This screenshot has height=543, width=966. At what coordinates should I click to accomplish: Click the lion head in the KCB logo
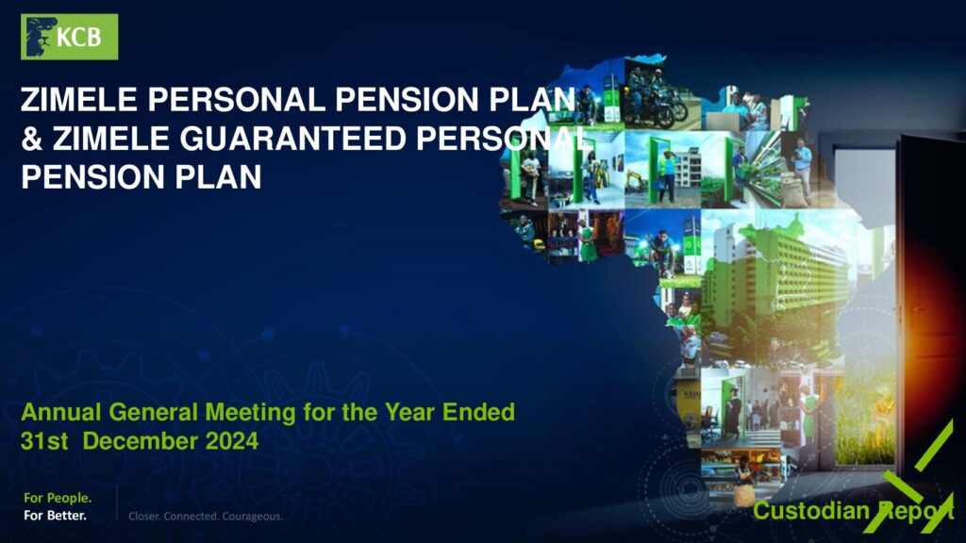[38, 37]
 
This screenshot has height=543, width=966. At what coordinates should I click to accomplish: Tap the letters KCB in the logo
[79, 38]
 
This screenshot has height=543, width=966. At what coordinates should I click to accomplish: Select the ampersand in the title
[32, 139]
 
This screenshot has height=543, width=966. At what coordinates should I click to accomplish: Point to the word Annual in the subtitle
[61, 412]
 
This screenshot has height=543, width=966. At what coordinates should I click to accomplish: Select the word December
[141, 441]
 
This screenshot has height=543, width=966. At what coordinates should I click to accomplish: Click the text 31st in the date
[44, 441]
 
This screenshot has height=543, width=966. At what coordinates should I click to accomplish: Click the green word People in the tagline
[68, 498]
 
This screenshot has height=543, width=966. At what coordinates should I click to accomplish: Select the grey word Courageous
[253, 516]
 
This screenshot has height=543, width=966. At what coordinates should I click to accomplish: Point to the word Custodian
[810, 510]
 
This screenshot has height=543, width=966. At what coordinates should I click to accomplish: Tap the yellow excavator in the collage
[638, 181]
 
